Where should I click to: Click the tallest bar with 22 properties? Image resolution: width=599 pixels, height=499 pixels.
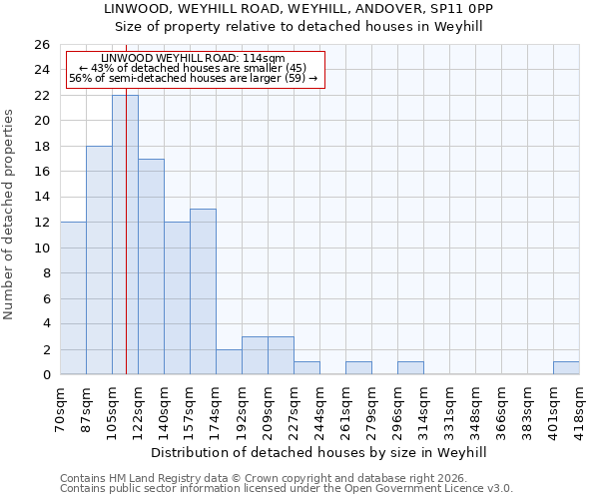(x=125, y=235)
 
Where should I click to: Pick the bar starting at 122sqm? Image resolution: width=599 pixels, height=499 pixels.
(x=151, y=266)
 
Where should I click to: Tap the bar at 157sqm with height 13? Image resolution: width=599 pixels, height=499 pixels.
(x=203, y=291)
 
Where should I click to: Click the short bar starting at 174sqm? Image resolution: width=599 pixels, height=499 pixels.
(x=229, y=361)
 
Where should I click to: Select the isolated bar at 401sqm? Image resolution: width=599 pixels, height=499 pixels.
(x=566, y=367)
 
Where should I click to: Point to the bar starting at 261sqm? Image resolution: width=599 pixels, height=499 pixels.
(x=358, y=367)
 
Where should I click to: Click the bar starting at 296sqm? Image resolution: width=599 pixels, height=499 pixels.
(x=410, y=367)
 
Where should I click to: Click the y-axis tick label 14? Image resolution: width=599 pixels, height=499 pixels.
(x=43, y=197)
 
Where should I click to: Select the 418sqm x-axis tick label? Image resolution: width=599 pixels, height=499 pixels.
(x=580, y=409)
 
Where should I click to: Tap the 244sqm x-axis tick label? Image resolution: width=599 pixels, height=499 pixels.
(x=320, y=409)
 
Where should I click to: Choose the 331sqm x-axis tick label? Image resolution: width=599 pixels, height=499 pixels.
(x=450, y=409)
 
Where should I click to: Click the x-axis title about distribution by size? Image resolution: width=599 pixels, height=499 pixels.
(x=319, y=452)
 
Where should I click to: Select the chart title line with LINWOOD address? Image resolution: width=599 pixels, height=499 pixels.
(x=299, y=8)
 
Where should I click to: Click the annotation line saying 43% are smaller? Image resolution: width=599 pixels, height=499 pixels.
(x=194, y=68)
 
